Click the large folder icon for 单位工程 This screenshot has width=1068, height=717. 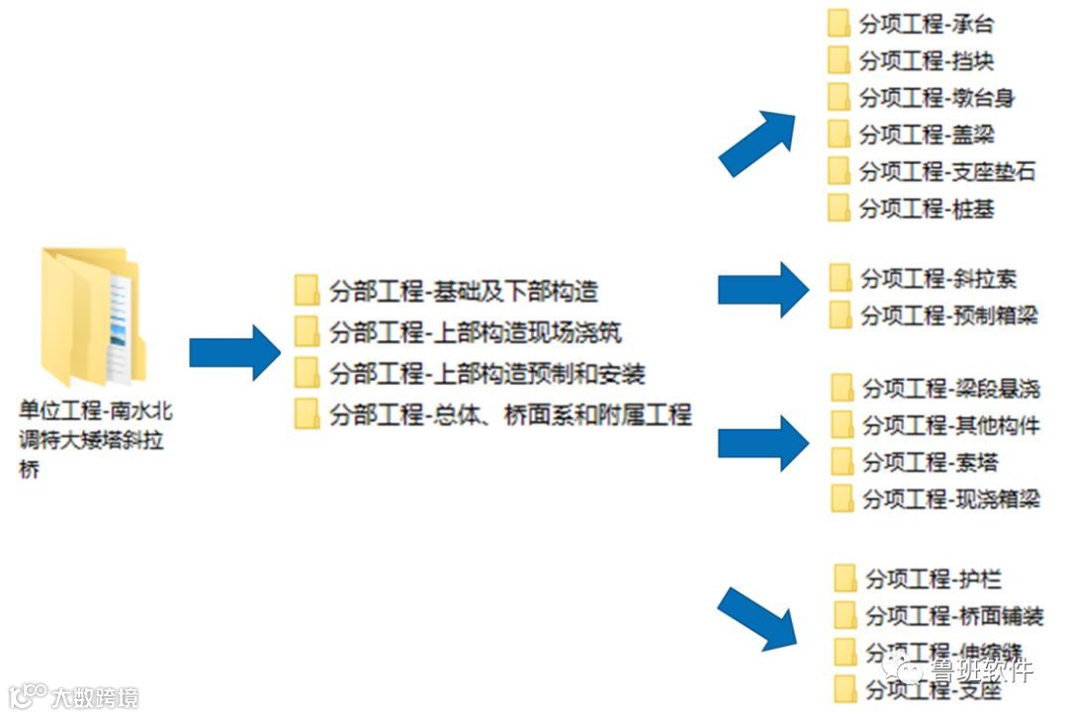coord(92,316)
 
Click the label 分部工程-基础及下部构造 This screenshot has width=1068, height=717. coord(464,292)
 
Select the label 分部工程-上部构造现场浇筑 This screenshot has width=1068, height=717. coord(476,332)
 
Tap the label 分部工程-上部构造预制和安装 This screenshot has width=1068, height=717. coord(488,373)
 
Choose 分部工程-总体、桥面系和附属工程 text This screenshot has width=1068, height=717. coord(510,413)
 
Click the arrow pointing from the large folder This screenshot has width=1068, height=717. coord(235,352)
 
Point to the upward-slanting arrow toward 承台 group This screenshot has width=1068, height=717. coord(757,142)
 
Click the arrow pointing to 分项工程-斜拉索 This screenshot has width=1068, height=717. coord(762,290)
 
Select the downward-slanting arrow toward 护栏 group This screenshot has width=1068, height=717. coord(757,618)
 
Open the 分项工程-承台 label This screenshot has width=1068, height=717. coord(927,25)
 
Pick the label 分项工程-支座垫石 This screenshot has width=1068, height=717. coord(947,171)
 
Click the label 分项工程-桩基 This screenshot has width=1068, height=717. coord(927,209)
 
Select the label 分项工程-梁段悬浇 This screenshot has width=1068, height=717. coord(951,388)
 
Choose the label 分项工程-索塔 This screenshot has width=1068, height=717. coord(931,461)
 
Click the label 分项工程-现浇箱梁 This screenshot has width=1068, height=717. coord(951,498)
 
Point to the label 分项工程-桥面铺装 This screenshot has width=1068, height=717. coord(954,615)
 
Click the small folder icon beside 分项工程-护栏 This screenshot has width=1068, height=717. coord(845,579)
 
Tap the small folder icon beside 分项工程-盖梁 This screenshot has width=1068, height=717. coord(839,134)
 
